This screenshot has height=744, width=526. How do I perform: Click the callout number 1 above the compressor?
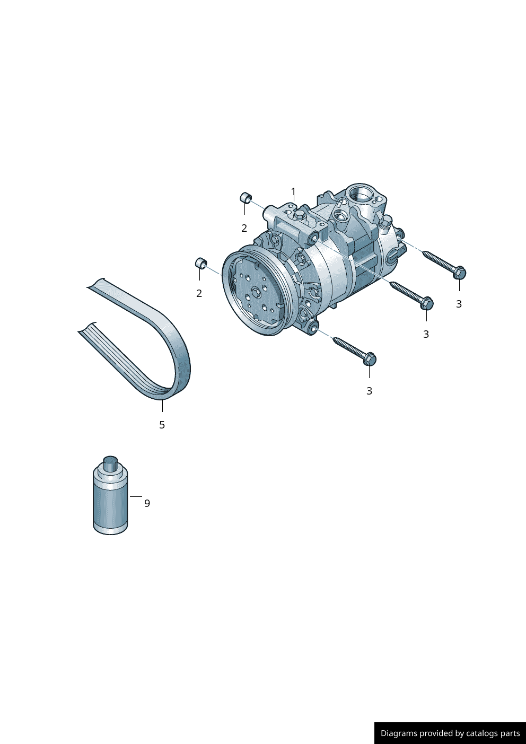pyautogui.click(x=293, y=191)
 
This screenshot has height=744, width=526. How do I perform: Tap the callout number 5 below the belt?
pyautogui.click(x=162, y=425)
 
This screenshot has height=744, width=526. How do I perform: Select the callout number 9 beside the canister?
pyautogui.click(x=147, y=504)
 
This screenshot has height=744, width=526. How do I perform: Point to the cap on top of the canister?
pyautogui.click(x=111, y=462)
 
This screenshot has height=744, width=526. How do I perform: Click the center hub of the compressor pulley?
pyautogui.click(x=256, y=292)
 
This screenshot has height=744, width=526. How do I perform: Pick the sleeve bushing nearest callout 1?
pyautogui.click(x=246, y=198)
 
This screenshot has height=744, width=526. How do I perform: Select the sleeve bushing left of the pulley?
pyautogui.click(x=201, y=262)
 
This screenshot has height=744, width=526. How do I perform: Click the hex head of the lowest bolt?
pyautogui.click(x=370, y=359)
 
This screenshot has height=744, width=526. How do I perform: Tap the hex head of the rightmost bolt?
pyautogui.click(x=459, y=273)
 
